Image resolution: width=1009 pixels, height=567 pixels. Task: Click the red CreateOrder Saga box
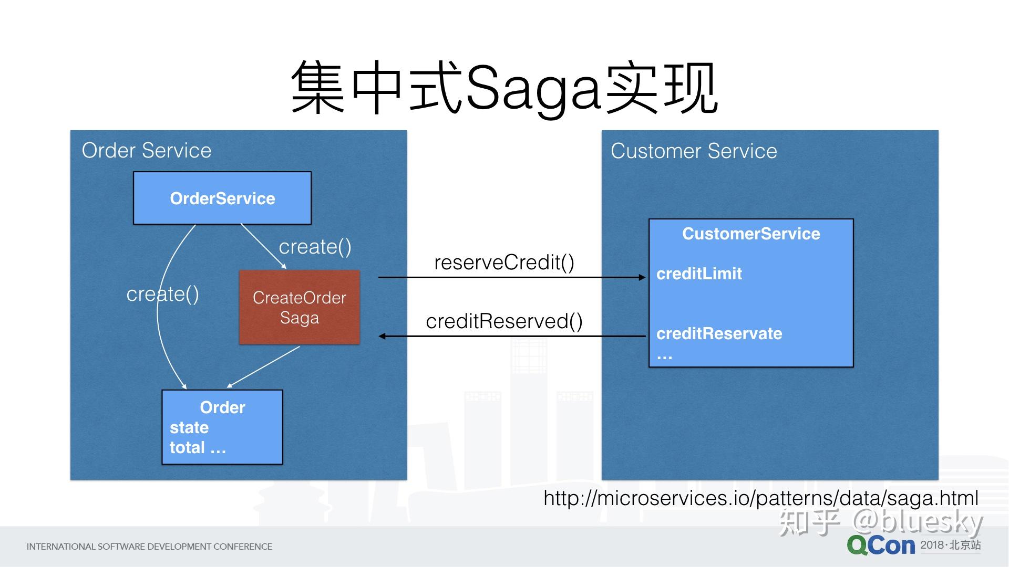300,307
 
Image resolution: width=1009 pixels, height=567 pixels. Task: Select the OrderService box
222,198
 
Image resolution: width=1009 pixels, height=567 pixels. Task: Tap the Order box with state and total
222,427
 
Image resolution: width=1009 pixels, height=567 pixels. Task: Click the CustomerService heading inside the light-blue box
751,234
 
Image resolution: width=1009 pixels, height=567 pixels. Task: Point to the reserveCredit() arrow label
504,262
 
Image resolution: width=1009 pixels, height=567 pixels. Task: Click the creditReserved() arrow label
504,321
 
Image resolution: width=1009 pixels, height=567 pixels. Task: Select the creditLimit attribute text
699,274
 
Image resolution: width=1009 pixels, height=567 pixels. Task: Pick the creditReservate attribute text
719,333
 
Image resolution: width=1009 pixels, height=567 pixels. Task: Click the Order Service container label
147,151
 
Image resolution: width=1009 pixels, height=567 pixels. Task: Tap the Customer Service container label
694,151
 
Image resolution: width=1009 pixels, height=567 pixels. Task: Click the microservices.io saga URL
761,498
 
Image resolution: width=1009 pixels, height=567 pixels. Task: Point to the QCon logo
881,546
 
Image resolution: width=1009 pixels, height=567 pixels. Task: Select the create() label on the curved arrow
163,294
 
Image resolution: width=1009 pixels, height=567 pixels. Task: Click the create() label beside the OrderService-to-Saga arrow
315,247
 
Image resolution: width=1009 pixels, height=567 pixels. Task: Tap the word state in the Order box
189,427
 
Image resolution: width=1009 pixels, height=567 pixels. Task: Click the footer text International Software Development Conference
149,547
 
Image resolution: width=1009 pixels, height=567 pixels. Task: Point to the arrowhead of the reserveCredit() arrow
642,277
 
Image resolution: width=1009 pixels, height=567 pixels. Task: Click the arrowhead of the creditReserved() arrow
382,336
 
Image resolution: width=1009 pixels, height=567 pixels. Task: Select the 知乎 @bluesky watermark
881,522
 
